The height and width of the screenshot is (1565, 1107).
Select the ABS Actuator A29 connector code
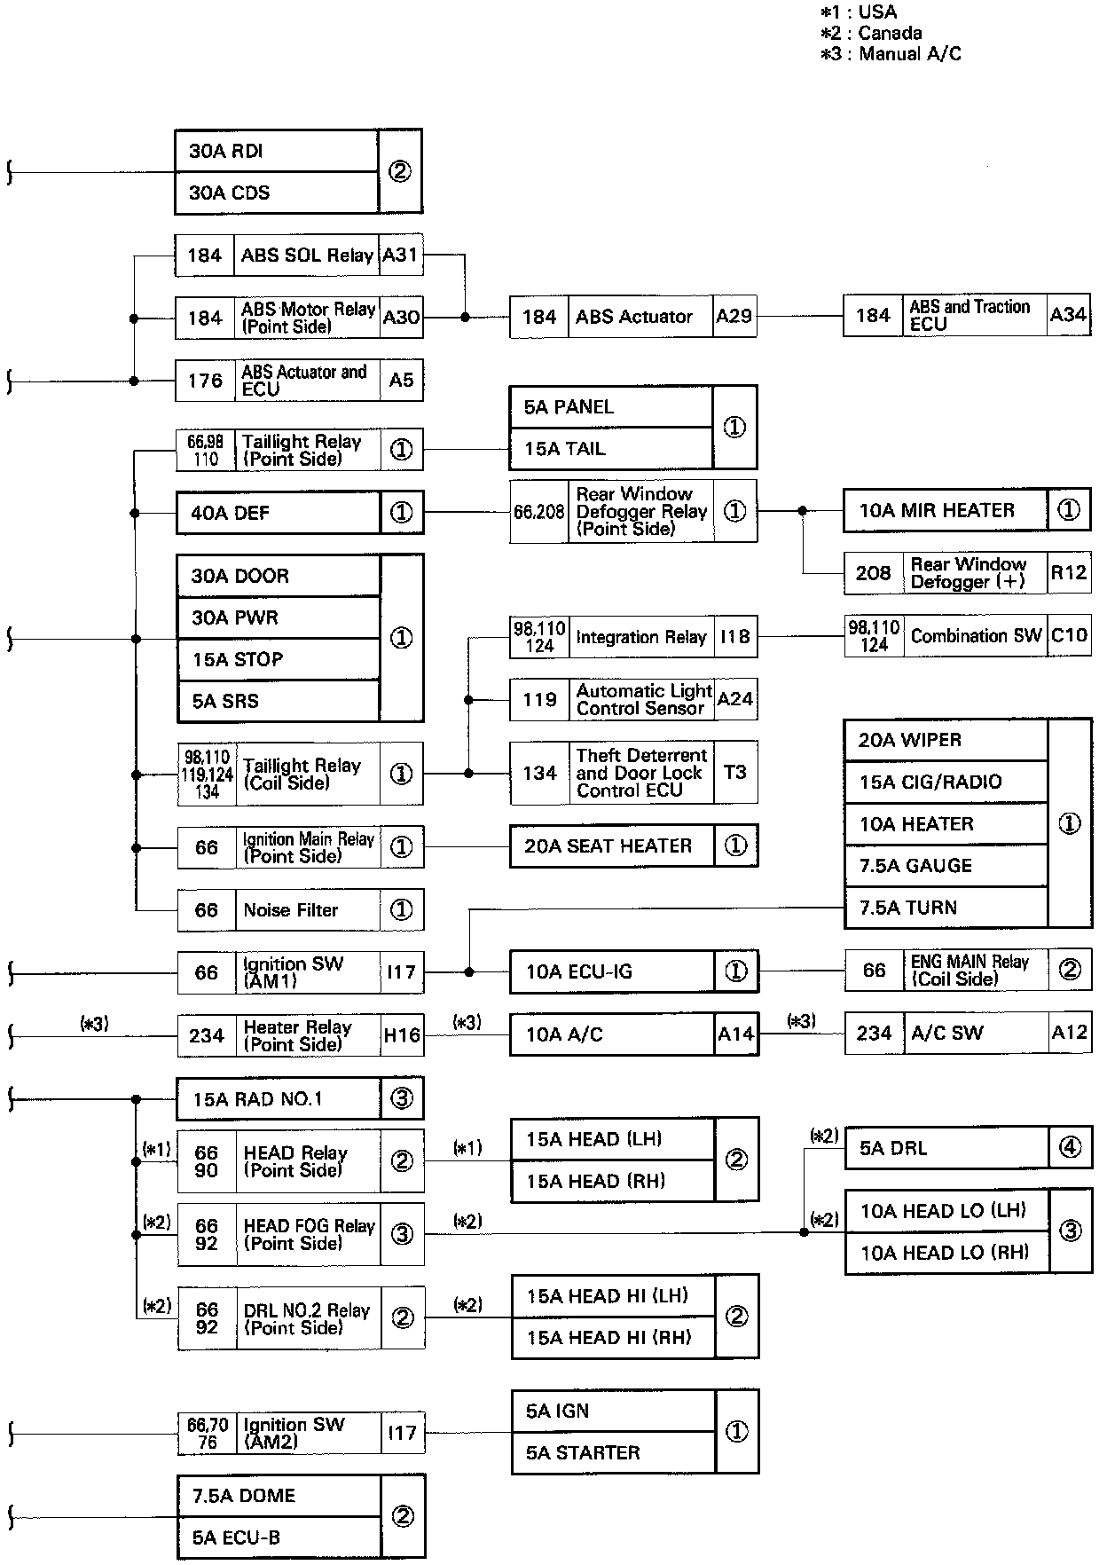click(x=734, y=317)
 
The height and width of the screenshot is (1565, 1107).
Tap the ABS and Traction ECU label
click(x=969, y=316)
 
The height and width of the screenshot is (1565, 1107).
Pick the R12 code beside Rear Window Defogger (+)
click(x=1068, y=573)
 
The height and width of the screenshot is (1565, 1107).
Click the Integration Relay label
click(x=640, y=637)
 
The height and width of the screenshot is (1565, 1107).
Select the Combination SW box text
click(x=975, y=636)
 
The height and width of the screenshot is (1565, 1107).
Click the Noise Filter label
click(x=291, y=910)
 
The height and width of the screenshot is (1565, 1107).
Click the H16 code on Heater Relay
click(x=402, y=1035)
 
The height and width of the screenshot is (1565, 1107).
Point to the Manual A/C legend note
click(x=891, y=54)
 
